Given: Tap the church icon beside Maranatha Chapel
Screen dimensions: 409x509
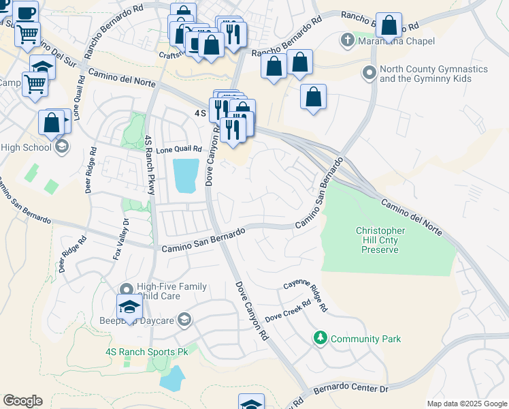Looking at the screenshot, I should pos(348,39).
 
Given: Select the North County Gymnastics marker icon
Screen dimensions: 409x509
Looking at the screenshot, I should pos(370,72).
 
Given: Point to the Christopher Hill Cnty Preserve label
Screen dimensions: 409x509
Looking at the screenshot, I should pos(380,240).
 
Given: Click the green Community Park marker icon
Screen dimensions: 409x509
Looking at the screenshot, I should pos(319,337).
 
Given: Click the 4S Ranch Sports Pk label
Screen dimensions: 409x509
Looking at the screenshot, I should pos(146,352).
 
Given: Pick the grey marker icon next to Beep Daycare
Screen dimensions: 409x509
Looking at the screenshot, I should pos(184,319).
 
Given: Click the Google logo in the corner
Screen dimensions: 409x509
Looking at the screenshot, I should pos(22,401).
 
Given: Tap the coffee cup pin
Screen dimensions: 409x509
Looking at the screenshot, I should pos(26,13).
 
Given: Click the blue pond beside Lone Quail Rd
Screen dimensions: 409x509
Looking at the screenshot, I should pos(186,176).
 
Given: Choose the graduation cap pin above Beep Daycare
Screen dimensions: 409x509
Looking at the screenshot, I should pos(129,307).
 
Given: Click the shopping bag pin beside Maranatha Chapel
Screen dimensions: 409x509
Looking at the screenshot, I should pos(389,26).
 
